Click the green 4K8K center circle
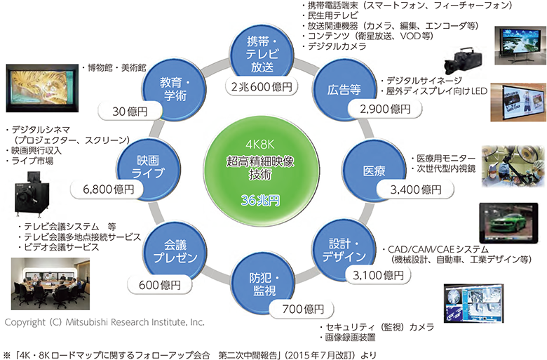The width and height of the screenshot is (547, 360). [x=262, y=171]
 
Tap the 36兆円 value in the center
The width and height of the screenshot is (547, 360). [x=261, y=200]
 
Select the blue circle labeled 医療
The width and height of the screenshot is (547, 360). [x=374, y=171]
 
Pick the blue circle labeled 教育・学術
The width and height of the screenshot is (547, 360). [x=175, y=89]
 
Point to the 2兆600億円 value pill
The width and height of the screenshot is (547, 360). [x=262, y=86]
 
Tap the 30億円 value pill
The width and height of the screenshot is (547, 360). [x=130, y=112]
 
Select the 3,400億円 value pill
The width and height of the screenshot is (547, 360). [x=415, y=190]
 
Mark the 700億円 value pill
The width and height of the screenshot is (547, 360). [x=302, y=309]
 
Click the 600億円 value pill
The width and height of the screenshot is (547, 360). [x=159, y=285]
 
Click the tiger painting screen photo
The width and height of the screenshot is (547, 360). [x=42, y=88]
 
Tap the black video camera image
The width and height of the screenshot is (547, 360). [x=464, y=61]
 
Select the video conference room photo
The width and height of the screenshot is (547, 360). [x=50, y=284]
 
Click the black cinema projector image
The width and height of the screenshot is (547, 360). [x=32, y=193]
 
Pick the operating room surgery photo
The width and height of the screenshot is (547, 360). [x=513, y=166]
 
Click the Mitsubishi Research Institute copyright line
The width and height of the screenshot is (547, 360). [x=104, y=322]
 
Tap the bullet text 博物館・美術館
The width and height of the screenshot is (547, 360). [x=114, y=68]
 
